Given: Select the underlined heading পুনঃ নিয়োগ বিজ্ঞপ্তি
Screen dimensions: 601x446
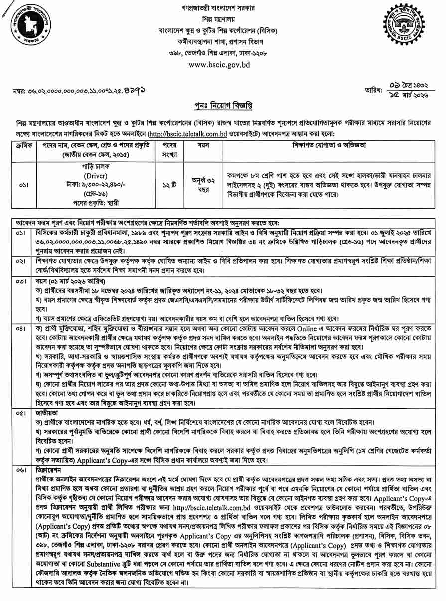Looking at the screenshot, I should (223, 107).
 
